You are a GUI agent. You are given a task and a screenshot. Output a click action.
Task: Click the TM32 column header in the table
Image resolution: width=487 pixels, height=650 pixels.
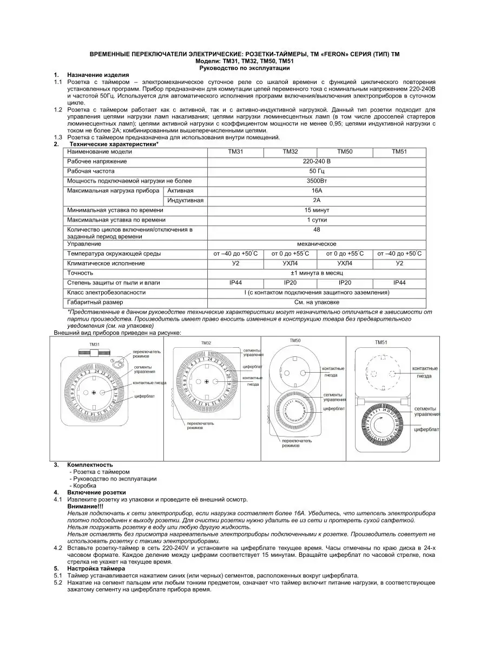point(290,152)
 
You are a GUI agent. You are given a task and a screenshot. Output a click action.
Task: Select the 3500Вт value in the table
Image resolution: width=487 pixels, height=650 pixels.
point(317,181)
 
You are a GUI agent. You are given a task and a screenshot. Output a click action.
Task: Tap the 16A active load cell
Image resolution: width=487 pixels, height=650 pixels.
point(317,191)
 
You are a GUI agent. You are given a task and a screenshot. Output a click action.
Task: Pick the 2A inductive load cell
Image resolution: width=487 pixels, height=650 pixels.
point(317,200)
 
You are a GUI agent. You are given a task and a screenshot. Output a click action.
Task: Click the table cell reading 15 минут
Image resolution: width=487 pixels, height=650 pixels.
point(317,210)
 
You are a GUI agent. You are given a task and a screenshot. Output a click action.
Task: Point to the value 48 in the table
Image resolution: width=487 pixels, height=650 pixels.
point(317,230)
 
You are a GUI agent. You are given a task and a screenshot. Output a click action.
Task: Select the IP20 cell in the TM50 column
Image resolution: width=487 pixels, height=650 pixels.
point(345,283)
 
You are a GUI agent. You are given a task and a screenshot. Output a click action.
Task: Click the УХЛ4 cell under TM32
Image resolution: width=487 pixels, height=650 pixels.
point(290,263)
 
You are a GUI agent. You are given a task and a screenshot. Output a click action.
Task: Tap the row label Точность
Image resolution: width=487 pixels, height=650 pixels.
point(80,273)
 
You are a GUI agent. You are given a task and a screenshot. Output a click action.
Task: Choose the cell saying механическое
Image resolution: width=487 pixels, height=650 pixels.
point(317,244)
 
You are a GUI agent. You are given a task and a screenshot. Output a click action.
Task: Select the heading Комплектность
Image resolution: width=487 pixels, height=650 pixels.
point(90,465)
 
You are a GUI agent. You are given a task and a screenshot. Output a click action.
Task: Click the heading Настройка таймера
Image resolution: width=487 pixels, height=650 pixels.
point(96,569)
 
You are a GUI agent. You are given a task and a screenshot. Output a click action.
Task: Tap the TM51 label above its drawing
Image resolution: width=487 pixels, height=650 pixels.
point(382,343)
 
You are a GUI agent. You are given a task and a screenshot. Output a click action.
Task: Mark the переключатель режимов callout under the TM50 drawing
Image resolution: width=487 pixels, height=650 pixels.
point(295,443)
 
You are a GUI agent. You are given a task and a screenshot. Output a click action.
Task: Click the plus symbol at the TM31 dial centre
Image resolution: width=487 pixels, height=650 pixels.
point(94,391)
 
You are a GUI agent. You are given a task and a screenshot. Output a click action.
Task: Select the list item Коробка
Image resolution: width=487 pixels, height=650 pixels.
point(84,485)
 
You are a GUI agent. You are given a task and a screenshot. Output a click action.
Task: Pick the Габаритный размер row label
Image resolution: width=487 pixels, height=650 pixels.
point(95,302)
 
